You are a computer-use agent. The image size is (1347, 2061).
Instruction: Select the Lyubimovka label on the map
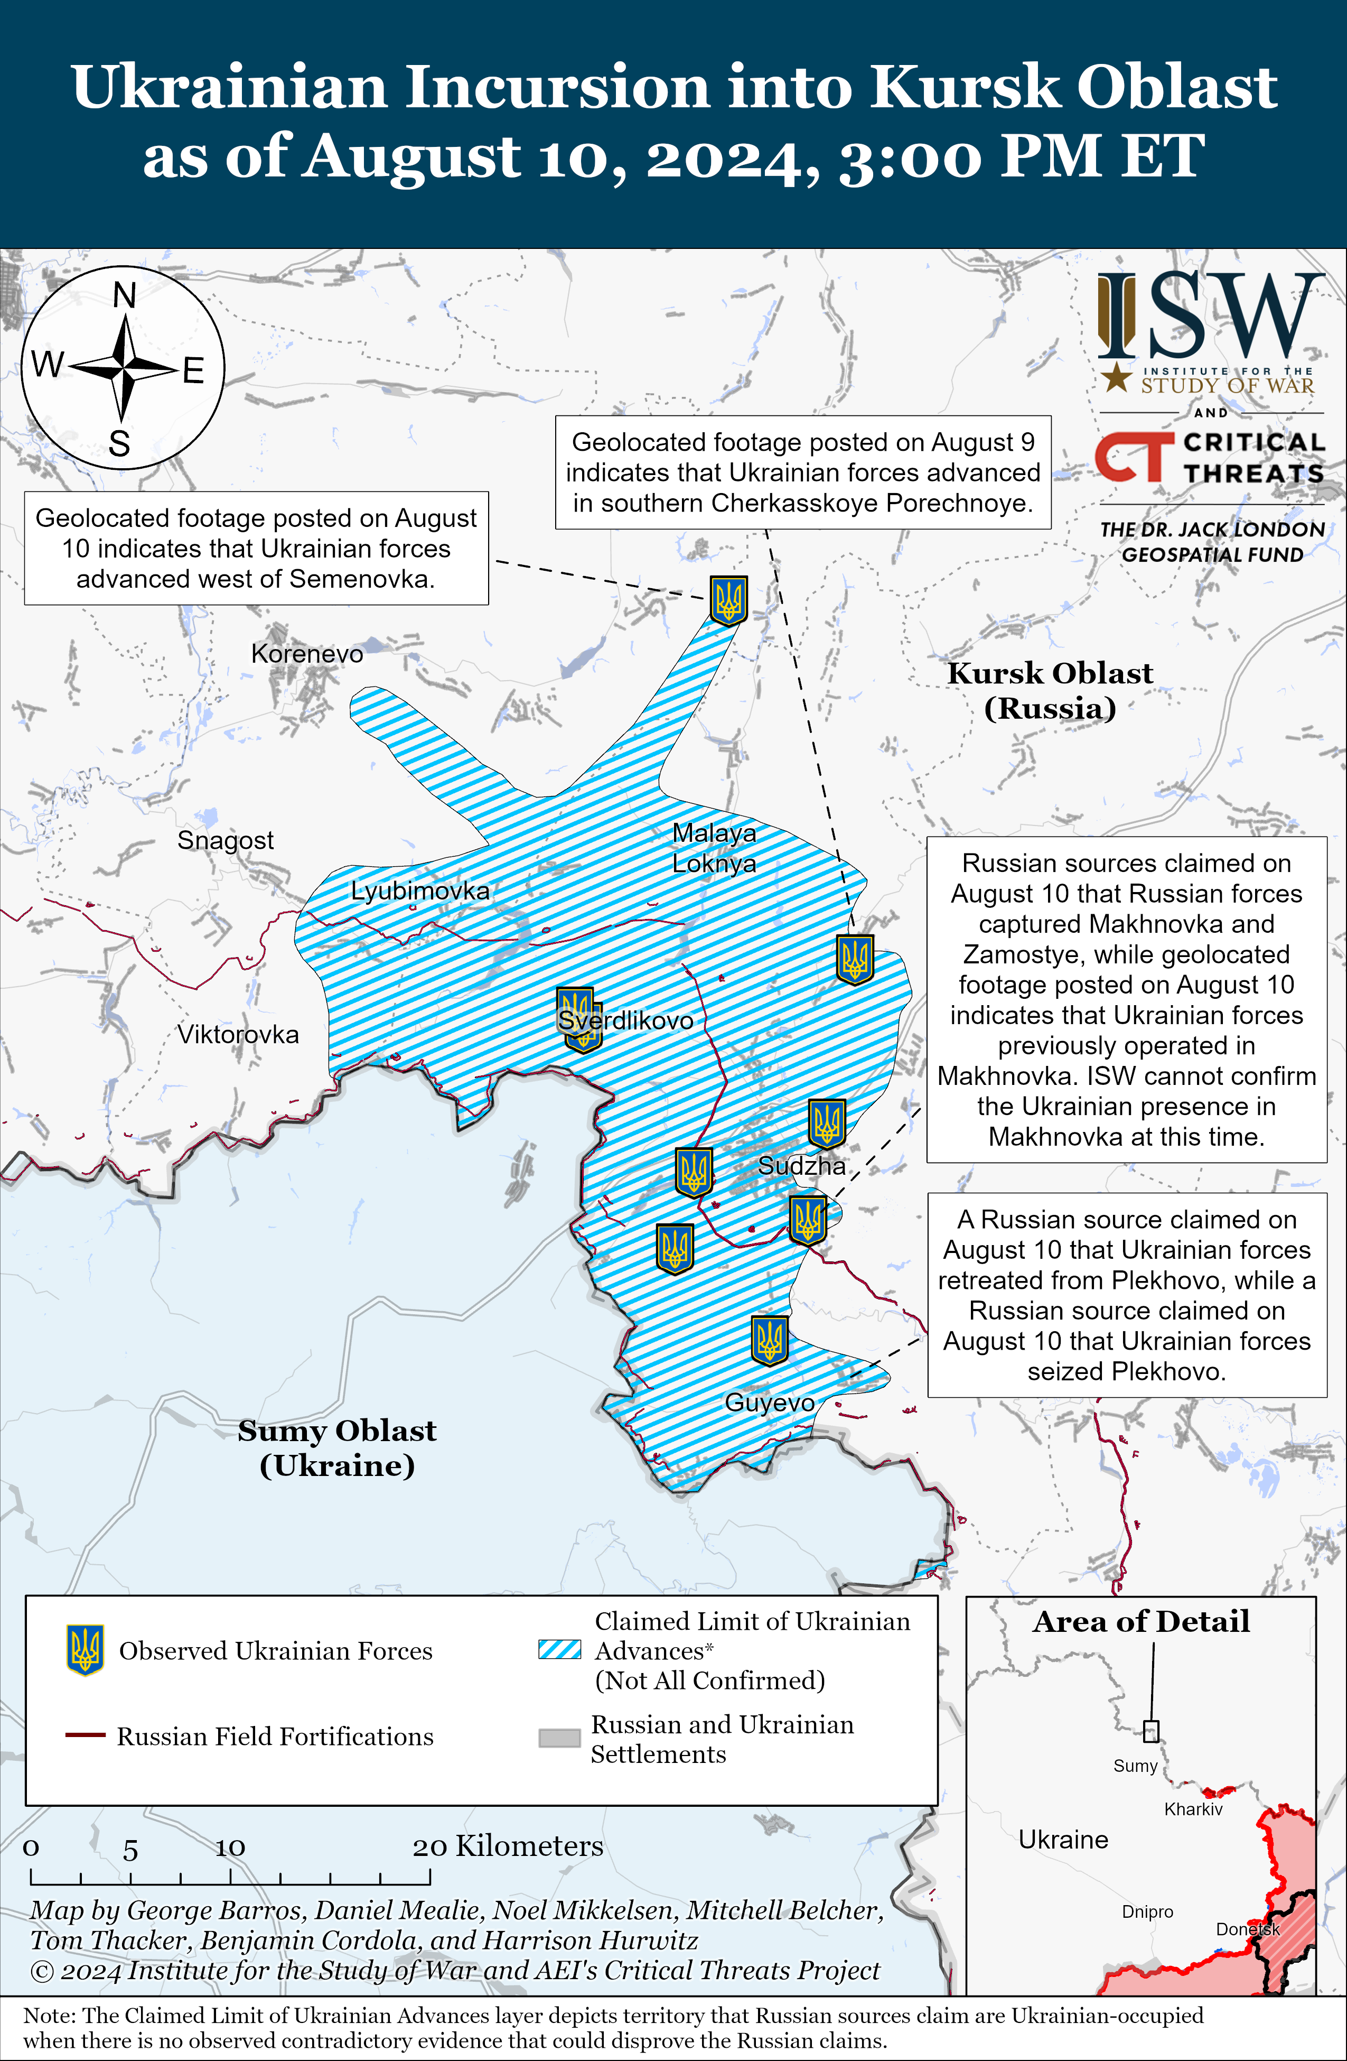pos(420,890)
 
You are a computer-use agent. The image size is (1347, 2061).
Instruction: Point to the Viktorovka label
pos(238,1034)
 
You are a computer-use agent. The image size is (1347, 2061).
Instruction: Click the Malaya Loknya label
pos(714,848)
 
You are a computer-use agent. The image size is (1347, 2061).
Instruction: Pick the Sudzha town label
pos(802,1166)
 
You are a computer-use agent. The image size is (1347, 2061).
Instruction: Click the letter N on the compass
pos(125,296)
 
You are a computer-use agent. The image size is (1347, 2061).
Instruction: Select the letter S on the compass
pos(119,444)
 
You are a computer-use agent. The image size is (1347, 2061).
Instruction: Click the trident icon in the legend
pos(85,1650)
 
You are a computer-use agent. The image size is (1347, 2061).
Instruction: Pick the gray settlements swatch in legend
pos(559,1738)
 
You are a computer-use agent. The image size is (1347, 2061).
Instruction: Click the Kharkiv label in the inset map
pos(1193,1809)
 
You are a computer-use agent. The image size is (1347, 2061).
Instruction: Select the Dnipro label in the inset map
pos(1147,1911)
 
